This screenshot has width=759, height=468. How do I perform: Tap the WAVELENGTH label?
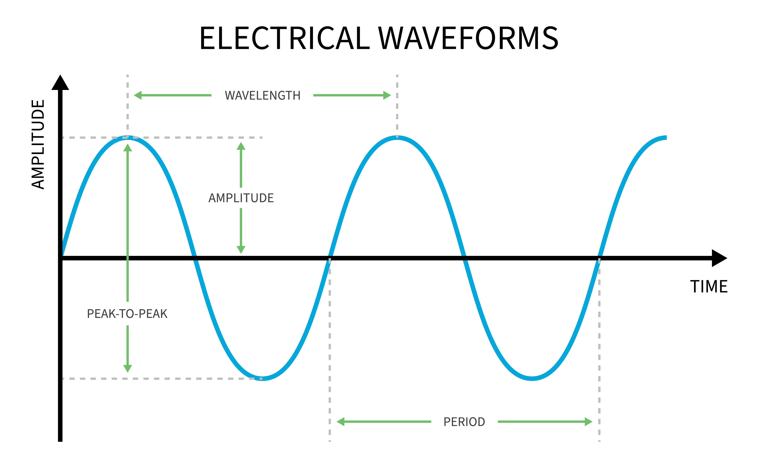point(262,95)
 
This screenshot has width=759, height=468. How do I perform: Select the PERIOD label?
point(464,422)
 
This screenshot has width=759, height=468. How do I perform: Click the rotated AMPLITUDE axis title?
point(38,144)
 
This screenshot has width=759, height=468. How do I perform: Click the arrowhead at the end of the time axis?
point(719,258)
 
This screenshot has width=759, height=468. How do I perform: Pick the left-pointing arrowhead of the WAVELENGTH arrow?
point(138,95)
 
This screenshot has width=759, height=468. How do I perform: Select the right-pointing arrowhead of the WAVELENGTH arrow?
point(387,95)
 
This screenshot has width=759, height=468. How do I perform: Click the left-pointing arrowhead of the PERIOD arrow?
point(340,422)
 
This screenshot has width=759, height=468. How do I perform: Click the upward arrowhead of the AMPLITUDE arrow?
point(241,146)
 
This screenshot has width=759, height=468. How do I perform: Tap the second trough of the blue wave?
point(532,378)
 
